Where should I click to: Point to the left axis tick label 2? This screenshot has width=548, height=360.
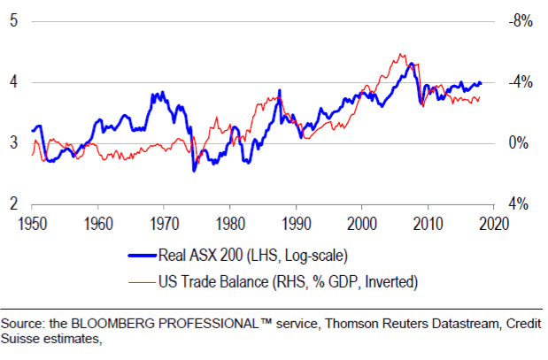pos(13,204)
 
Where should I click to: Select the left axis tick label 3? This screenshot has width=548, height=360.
pos(13,143)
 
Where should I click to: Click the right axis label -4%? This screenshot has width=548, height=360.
pos(518,82)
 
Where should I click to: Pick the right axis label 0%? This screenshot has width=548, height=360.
pos(520,143)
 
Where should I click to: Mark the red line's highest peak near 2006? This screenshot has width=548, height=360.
pos(403,54)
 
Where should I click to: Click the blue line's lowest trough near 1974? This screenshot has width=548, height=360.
pos(194,170)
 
